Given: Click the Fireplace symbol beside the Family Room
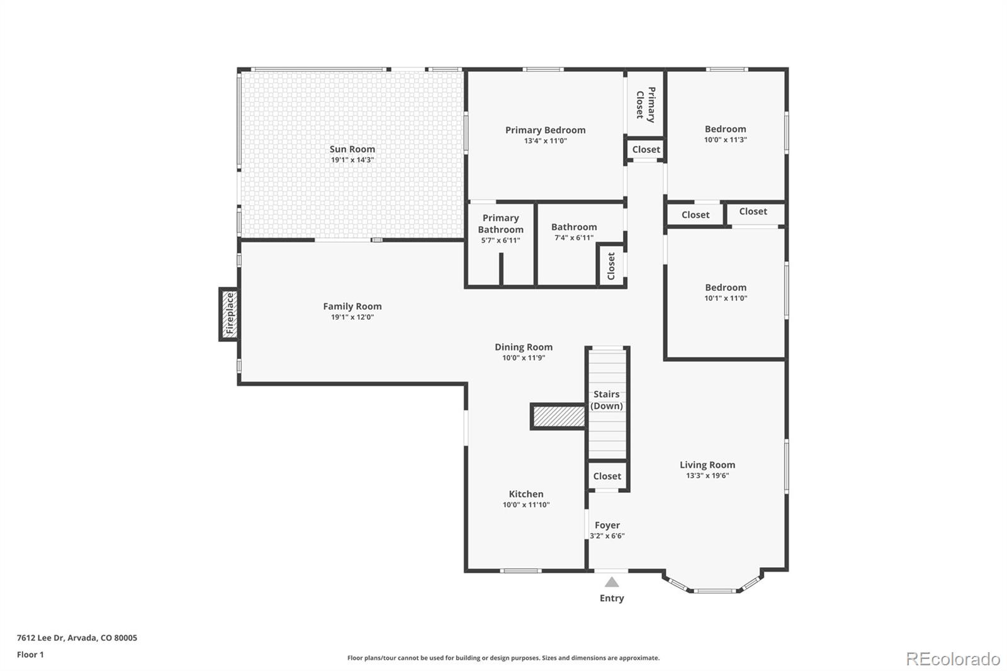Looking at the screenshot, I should pos(229,313).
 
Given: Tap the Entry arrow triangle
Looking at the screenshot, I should pos(612,582).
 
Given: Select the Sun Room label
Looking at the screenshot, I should pos(352,149).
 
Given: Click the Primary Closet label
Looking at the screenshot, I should pos(646,104).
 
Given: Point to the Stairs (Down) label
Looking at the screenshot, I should pos(607,400).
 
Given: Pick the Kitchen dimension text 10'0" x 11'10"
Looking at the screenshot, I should pos(526,505).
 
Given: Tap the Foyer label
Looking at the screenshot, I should pos(607,525).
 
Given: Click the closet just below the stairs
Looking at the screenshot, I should pos(607,476).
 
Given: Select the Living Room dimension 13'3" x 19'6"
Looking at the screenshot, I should pos(707,476).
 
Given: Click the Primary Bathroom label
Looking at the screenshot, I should pos(500,223).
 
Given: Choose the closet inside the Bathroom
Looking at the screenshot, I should pos(611,266).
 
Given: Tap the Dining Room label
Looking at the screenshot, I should pos(524,347).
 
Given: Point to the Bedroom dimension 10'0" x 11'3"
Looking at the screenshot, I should pos(725,140).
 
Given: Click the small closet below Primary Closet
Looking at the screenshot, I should pos(646,150).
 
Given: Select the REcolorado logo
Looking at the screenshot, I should pos(953,658).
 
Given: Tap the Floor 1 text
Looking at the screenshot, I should pos(30,655).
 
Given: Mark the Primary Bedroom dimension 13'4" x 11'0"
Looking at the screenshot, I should pos(545,141).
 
